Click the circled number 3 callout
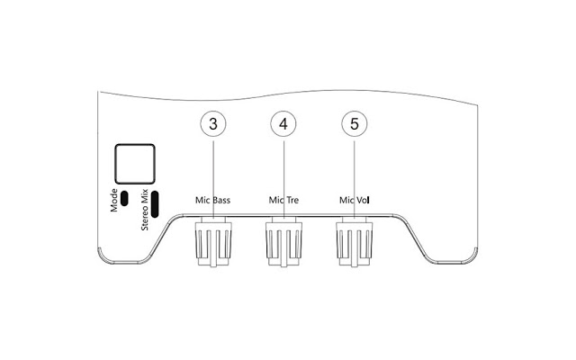[213, 124]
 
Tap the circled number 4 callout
[283, 124]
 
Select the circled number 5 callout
[354, 124]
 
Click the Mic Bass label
[212, 200]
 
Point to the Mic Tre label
[283, 200]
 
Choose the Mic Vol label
[354, 200]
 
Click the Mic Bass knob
[213, 241]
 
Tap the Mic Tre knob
[283, 241]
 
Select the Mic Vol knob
[354, 241]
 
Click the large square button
[135, 164]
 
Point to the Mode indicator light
[124, 198]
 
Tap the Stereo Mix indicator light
[155, 204]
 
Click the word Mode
[114, 200]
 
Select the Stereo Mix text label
[144, 210]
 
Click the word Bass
[221, 200]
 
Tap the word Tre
[292, 200]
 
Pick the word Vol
[362, 200]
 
